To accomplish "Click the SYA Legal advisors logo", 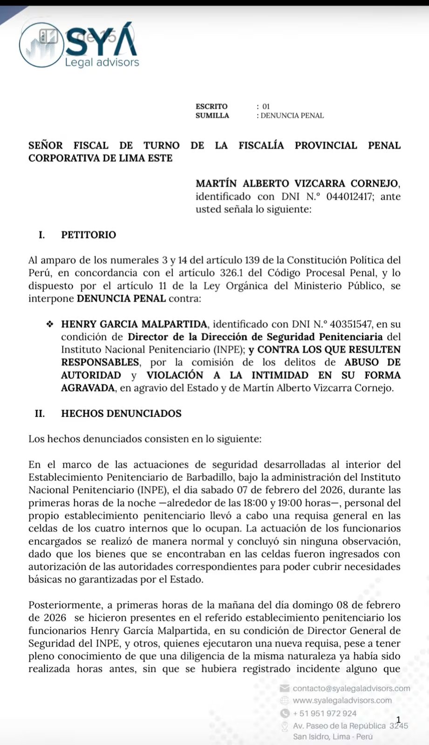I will tap(79, 46).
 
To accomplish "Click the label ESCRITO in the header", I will tap(211, 107).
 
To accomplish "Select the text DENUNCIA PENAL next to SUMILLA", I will tap(292, 115).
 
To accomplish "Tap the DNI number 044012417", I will tap(350, 196).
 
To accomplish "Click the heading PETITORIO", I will tap(89, 235).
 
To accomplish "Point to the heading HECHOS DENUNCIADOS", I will tap(121, 413).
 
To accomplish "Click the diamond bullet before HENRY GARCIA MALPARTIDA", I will tap(49, 324).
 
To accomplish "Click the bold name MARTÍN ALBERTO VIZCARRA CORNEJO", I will tap(298, 183).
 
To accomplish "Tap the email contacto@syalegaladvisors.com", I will tap(351, 688).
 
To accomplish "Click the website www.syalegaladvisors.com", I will tap(342, 700).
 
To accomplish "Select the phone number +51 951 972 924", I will tap(325, 713).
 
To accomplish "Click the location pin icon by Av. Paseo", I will tap(285, 726).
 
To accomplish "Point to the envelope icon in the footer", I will tap(285, 688).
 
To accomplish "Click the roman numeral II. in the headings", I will tap(40, 413).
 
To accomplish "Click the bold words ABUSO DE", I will tap(372, 362).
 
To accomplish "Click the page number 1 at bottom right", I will tap(398, 720).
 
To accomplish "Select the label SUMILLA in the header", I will tap(212, 115).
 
